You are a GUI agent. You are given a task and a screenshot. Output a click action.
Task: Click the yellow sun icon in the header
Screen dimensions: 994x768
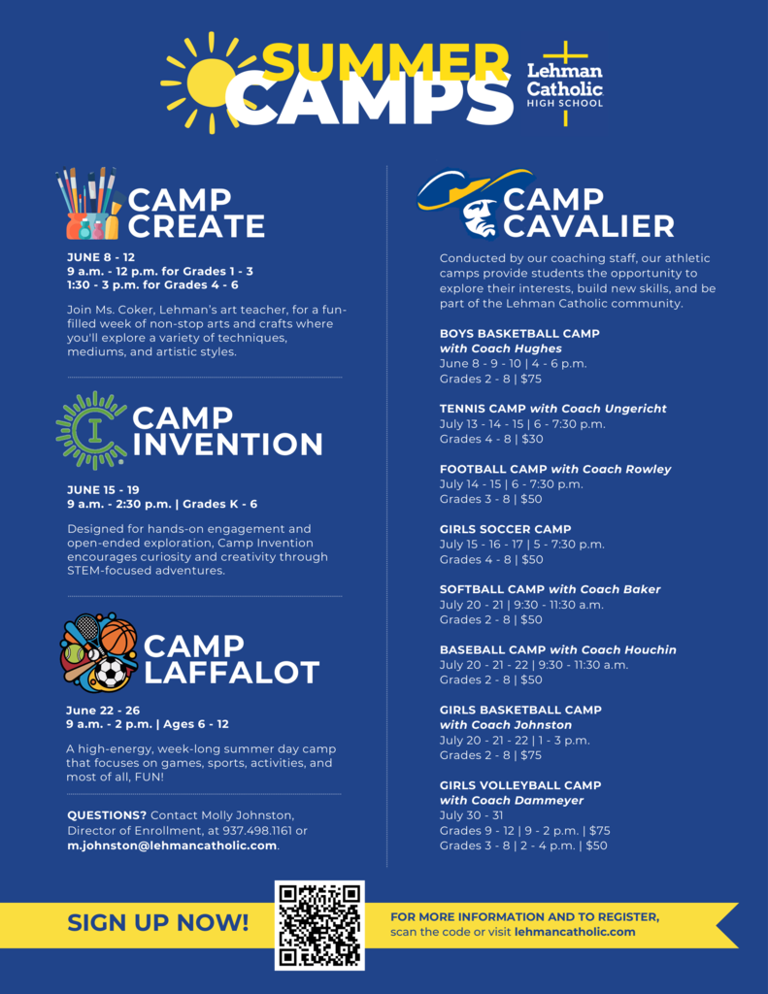point(210,82)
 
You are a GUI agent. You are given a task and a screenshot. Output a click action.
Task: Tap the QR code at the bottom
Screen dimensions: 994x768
point(319,925)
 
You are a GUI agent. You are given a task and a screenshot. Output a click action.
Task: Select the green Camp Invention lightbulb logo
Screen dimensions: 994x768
point(91,430)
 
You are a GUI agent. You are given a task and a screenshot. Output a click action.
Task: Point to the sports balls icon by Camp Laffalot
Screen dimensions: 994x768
point(98,652)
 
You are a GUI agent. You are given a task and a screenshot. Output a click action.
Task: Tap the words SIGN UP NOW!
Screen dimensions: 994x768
point(157,923)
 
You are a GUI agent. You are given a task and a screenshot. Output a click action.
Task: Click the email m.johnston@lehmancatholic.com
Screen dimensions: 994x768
point(172,845)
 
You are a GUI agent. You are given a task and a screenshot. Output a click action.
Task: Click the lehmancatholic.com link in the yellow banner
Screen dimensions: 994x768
point(575,932)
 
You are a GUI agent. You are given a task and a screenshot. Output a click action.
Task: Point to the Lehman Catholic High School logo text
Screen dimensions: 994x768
point(564,85)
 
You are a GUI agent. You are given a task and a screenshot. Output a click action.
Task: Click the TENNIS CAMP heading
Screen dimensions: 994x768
point(483,409)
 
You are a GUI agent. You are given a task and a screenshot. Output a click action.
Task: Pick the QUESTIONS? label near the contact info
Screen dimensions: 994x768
point(107,815)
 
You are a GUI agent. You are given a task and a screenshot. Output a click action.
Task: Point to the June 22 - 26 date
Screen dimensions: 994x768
point(103,710)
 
